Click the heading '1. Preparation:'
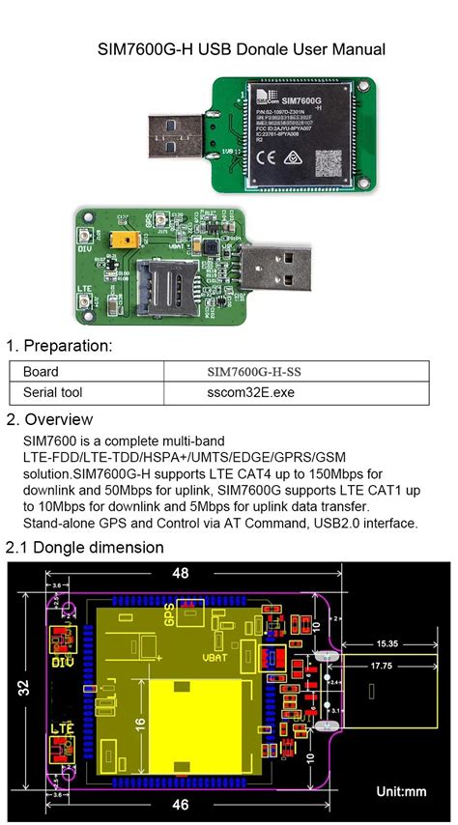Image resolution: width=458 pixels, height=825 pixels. click(60, 346)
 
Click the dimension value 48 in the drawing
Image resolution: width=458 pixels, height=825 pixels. click(181, 573)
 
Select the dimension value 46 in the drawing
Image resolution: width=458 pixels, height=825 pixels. click(181, 804)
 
